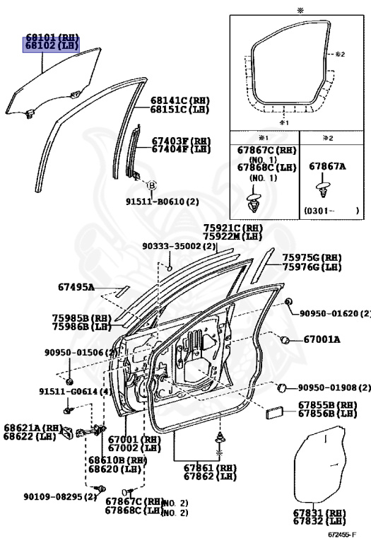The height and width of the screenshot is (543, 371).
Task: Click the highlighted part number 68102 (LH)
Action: click(51, 45)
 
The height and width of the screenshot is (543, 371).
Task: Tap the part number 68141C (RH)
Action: click(180, 100)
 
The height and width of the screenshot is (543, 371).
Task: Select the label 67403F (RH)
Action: click(181, 141)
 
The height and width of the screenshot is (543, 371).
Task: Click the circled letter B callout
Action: click(152, 185)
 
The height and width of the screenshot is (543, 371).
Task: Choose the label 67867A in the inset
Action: click(327, 166)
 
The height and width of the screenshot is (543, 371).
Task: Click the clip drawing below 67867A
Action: click(323, 189)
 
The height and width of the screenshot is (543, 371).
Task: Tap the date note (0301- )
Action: click(331, 210)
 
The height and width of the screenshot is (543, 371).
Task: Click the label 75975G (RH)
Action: click(312, 257)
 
